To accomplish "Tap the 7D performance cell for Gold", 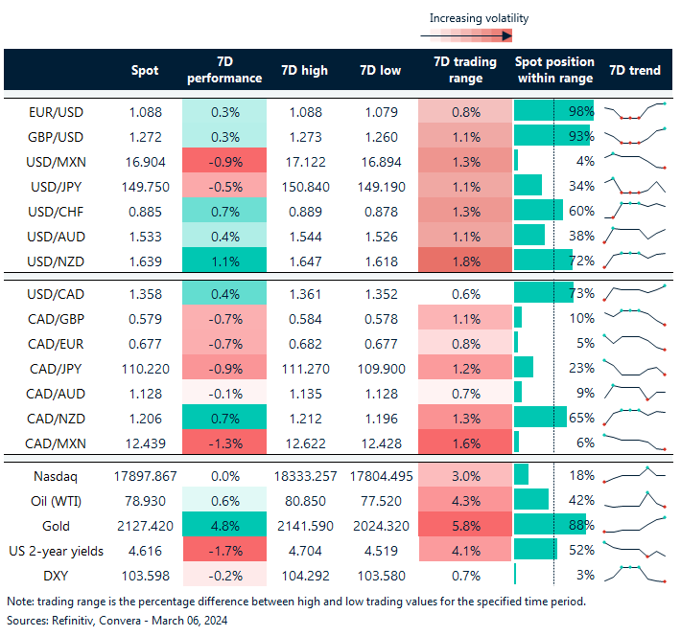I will tap(223, 525).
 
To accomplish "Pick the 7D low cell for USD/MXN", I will tap(381, 160).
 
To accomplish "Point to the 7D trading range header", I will tap(465, 70).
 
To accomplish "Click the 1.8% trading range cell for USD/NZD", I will tap(465, 260).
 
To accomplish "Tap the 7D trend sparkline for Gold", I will tap(634, 525).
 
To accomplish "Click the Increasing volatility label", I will tap(478, 18).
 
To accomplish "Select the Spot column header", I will tap(145, 70).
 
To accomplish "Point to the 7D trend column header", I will tap(634, 70).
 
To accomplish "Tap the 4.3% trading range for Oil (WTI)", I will tap(465, 500).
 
